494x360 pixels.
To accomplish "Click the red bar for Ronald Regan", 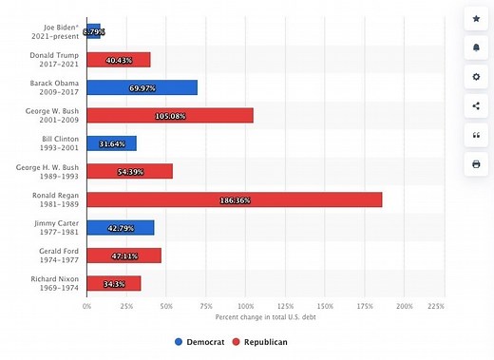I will [x=234, y=199].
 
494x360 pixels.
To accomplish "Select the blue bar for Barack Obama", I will [x=142, y=87].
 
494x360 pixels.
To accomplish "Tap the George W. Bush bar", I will [x=170, y=116].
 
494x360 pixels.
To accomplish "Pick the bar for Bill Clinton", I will [x=111, y=143].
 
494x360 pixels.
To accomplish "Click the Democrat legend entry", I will [x=202, y=341].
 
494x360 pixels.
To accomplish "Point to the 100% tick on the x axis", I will [x=245, y=306].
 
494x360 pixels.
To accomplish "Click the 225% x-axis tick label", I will [x=436, y=306].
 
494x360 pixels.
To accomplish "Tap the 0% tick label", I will [x=86, y=306].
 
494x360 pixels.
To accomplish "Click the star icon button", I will [x=476, y=18].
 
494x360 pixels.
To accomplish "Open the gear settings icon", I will [x=476, y=76].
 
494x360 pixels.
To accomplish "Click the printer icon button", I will [x=476, y=164].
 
